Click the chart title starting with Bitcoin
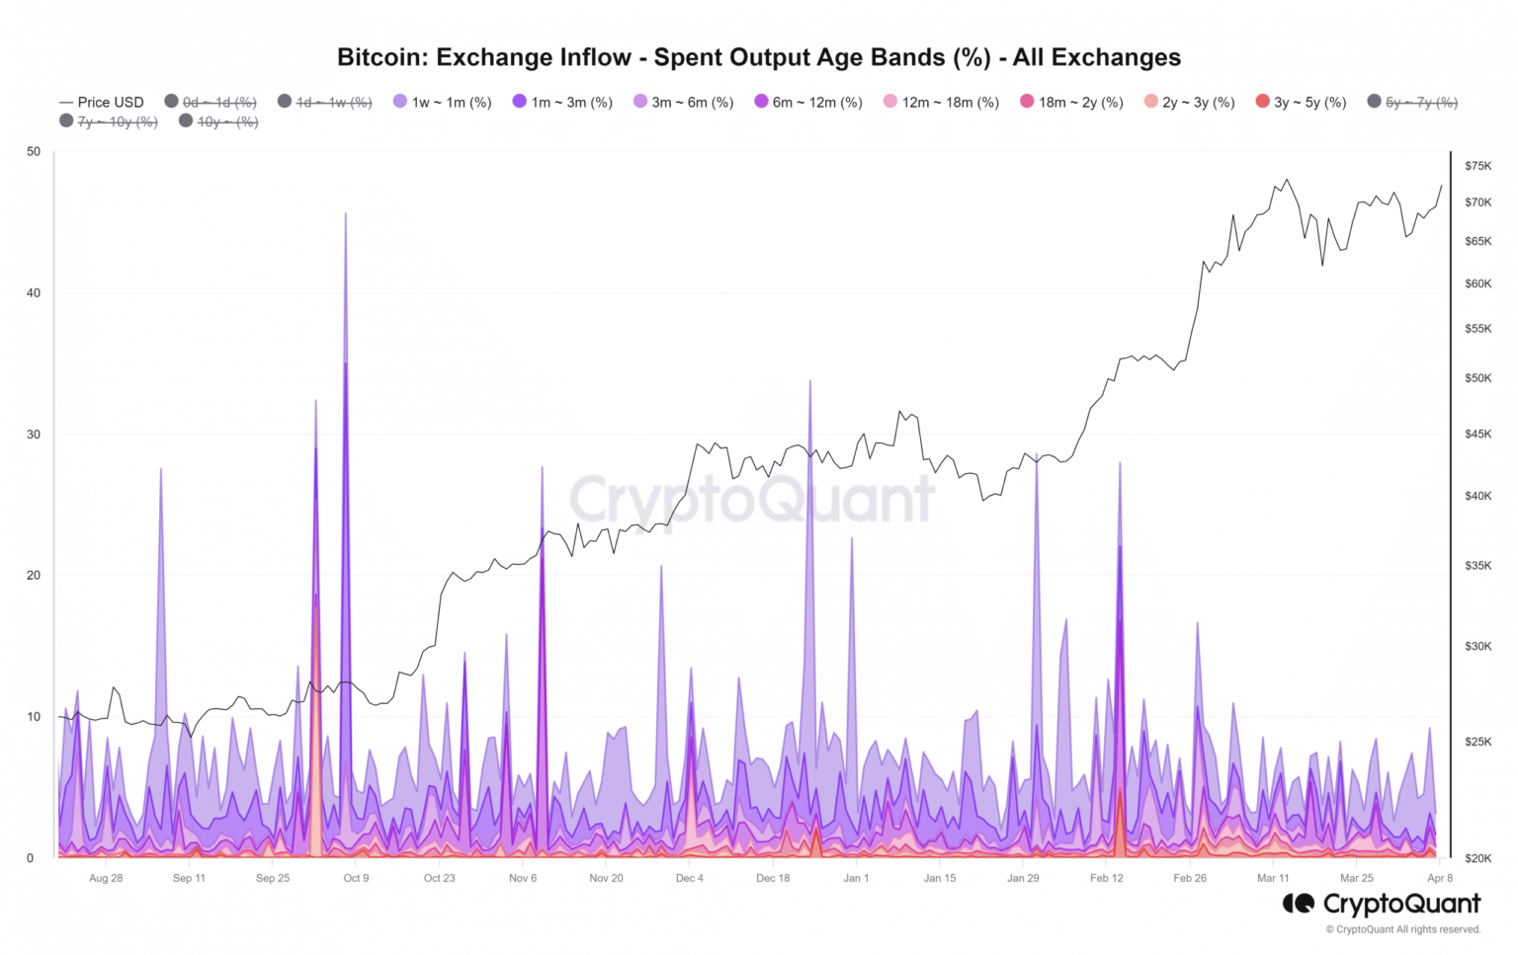coord(758,57)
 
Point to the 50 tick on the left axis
coord(35,151)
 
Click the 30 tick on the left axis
coord(35,435)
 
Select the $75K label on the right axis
coord(1478,166)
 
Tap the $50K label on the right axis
coord(1478,378)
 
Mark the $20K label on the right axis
coord(1478,858)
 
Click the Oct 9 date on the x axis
coord(356,878)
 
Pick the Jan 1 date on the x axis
coord(856,878)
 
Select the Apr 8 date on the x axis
coord(1440,878)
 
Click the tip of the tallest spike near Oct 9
coord(345,213)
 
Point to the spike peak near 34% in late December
coord(810,381)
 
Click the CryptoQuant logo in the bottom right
coord(1382,903)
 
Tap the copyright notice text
coord(1403,929)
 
